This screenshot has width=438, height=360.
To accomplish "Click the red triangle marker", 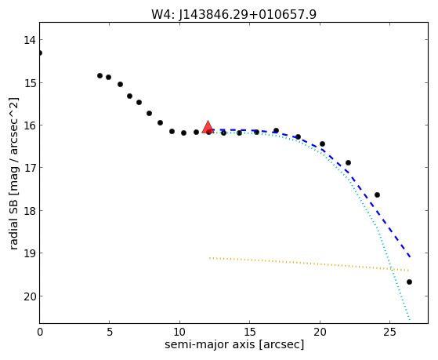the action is (x=208, y=127).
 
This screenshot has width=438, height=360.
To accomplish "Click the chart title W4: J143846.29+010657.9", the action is (x=233, y=14).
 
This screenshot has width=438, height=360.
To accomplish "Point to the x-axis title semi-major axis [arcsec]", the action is (x=234, y=344).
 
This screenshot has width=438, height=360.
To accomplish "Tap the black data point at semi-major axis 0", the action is (x=40, y=53).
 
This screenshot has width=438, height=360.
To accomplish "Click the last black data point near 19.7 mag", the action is (x=409, y=282).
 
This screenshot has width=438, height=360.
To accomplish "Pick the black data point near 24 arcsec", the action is (x=377, y=195).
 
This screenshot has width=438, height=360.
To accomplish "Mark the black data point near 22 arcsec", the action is (x=348, y=163).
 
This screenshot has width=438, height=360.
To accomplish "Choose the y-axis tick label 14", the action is (x=30, y=40).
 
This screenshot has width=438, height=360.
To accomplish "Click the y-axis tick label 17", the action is (x=30, y=168).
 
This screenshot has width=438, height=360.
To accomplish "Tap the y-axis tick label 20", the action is (x=30, y=296).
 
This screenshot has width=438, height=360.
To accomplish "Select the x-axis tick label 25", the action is (x=389, y=333).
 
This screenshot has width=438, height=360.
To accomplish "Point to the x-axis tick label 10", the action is (x=179, y=333).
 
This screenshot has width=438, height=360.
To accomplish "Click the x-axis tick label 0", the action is (x=40, y=333).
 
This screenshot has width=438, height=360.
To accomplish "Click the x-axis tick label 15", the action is (x=249, y=333).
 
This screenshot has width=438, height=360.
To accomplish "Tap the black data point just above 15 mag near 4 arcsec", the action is (x=100, y=75).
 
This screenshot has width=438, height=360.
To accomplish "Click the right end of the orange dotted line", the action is (x=409, y=271).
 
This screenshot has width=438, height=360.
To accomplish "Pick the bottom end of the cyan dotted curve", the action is (x=410, y=319).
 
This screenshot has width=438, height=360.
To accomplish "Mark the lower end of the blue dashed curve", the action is (x=410, y=256).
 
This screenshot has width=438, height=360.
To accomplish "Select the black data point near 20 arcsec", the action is (x=322, y=144).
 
